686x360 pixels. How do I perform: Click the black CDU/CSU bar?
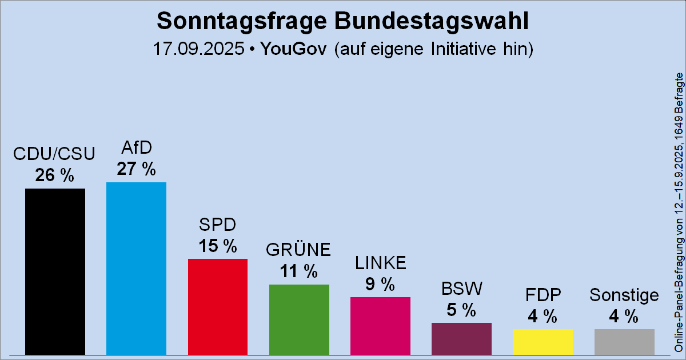coord(55,271)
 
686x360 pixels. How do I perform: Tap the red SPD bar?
coord(217,306)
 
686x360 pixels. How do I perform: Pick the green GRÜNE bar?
coord(299,319)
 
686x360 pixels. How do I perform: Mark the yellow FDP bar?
coord(543,341)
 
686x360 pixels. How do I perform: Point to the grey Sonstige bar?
coord(624,342)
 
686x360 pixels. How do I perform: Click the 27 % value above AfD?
coord(136,169)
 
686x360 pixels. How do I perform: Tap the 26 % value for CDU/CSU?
coord(55,175)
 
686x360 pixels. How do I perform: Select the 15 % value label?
coord(217,246)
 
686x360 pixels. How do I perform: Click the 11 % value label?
coord(299,271)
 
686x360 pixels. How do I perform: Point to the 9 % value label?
coord(380,284)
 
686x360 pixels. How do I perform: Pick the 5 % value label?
coord(461,310)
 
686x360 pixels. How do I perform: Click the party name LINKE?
coord(380,263)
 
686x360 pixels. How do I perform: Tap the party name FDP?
coord(543,295)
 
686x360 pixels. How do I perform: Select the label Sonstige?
coord(624,295)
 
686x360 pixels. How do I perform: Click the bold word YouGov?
coord(293,49)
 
